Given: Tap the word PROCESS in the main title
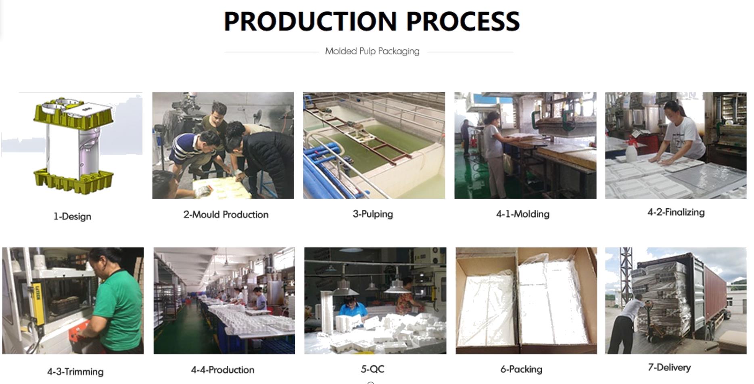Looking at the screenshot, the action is pyautogui.click(x=463, y=21).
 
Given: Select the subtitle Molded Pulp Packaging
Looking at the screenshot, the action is pyautogui.click(x=372, y=51).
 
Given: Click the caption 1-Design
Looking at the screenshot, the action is pyautogui.click(x=72, y=216).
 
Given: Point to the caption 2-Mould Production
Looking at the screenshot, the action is pyautogui.click(x=226, y=214).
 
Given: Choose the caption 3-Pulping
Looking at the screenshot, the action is pyautogui.click(x=373, y=214).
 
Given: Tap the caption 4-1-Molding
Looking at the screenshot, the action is pyautogui.click(x=523, y=214).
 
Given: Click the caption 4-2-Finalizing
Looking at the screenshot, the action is pyautogui.click(x=676, y=212).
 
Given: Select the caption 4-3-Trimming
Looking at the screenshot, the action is pyautogui.click(x=75, y=371).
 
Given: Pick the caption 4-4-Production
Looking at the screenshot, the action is pyautogui.click(x=223, y=369).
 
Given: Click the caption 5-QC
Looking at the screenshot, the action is pyautogui.click(x=372, y=369).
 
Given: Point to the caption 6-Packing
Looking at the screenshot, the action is pyautogui.click(x=521, y=369).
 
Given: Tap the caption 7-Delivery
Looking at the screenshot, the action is pyautogui.click(x=669, y=367).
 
